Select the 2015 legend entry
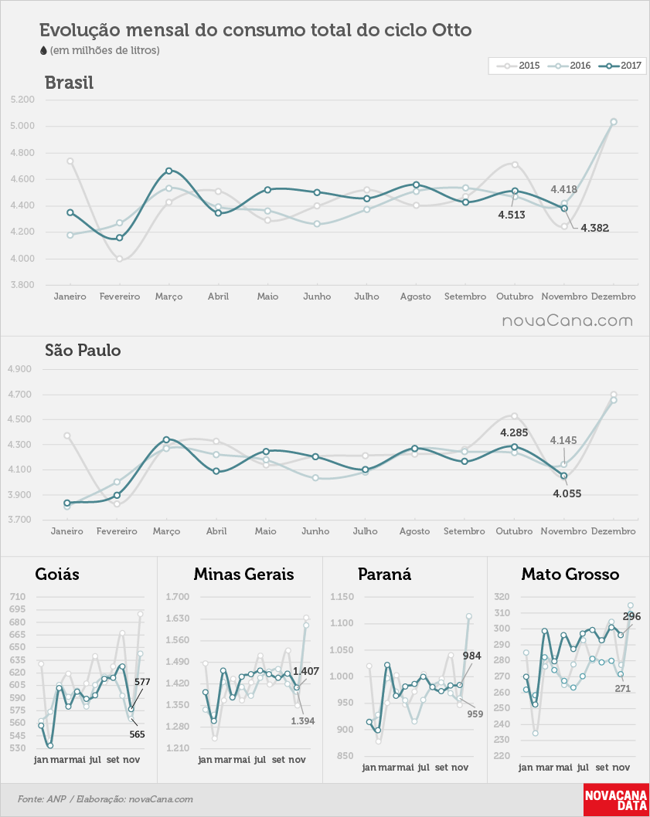[519, 66]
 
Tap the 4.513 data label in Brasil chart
[511, 215]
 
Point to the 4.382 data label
[594, 228]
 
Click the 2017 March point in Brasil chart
[169, 171]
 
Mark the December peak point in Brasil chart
[614, 122]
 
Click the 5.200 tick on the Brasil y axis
[22, 100]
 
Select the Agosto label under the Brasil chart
[416, 297]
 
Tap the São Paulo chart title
[83, 350]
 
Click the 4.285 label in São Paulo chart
[514, 432]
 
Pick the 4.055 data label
[567, 493]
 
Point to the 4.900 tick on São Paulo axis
[20, 369]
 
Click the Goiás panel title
[57, 575]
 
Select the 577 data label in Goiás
[142, 682]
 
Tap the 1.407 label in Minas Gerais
[306, 671]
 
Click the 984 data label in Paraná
[472, 656]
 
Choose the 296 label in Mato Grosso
[631, 616]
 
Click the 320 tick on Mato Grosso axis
[502, 597]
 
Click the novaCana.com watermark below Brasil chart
[567, 321]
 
